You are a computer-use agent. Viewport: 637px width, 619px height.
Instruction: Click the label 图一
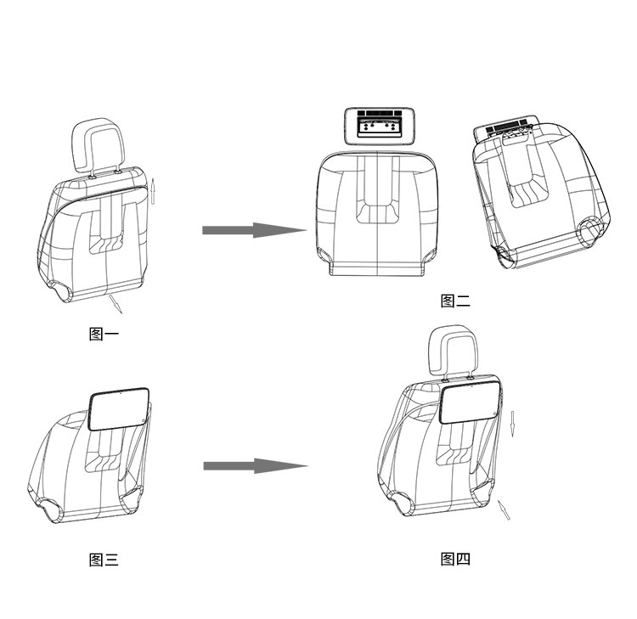point(104,335)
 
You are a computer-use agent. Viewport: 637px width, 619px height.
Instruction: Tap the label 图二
point(455,301)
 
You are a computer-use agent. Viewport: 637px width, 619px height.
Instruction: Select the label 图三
point(104,560)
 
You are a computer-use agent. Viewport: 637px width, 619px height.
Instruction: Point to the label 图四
point(455,560)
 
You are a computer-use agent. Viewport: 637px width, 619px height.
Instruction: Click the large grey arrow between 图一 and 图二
point(255,230)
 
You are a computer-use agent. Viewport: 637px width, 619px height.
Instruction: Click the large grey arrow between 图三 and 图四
point(256,466)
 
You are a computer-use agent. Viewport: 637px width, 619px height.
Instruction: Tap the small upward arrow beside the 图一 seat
point(153,191)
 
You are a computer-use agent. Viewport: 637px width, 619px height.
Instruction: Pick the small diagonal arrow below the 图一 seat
point(116,304)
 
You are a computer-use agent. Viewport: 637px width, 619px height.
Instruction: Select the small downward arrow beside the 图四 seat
point(513,424)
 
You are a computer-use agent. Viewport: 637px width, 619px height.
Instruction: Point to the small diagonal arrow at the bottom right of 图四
point(504,509)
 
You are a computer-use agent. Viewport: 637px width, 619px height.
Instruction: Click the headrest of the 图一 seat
point(98,146)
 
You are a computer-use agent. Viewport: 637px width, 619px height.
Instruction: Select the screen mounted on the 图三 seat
point(119,409)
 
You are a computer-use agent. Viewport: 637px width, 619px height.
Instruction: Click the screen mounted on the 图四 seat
point(471,403)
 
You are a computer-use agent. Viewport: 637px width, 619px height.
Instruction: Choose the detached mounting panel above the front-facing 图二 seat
point(379,126)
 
